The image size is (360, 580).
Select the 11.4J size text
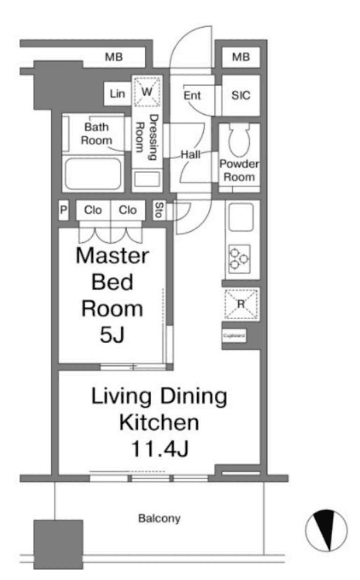159,449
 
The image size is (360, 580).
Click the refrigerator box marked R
242,304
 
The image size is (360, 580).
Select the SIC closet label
241,96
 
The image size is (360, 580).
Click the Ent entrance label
192,96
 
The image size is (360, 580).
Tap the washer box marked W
147,91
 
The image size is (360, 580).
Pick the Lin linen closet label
117,93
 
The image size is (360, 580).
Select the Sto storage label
159,210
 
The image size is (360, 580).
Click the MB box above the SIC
241,57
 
